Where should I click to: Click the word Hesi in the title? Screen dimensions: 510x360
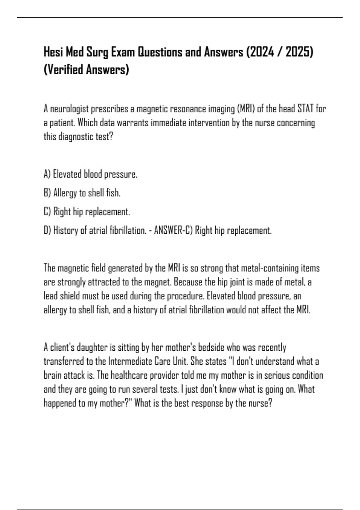pos(53,52)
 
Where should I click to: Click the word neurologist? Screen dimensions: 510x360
pos(69,109)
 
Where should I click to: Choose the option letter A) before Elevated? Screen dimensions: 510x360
pos(47,174)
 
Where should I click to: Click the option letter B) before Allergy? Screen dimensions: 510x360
pos(47,193)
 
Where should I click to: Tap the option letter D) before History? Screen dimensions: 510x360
pos(47,230)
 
